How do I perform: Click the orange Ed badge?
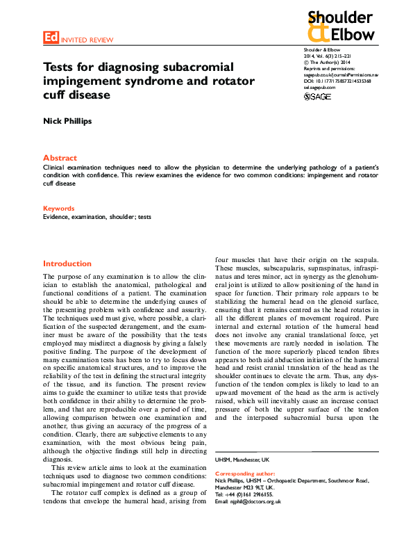[51, 39]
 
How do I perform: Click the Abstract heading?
[60, 159]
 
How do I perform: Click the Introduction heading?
[67, 264]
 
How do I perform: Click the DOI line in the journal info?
[337, 81]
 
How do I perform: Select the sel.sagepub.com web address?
[320, 88]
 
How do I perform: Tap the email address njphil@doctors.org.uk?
[248, 501]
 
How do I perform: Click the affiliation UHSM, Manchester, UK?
[242, 460]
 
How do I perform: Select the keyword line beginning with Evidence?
[97, 217]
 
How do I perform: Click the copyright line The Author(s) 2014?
[329, 63]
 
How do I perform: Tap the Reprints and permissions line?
[330, 69]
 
